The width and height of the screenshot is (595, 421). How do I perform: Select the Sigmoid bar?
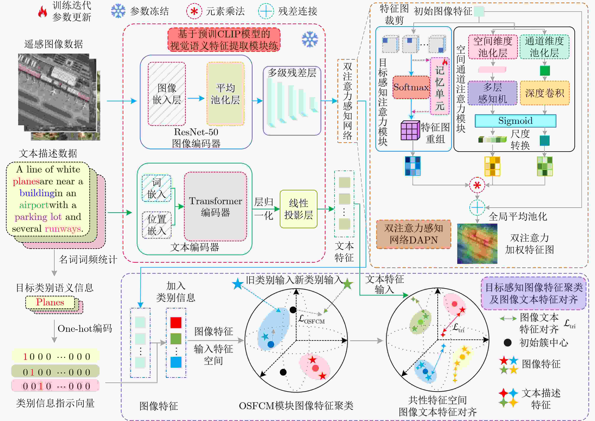click(x=515, y=121)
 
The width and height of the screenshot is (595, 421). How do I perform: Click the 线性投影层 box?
click(x=298, y=209)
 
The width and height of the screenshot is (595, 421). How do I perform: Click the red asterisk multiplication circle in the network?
click(x=477, y=185)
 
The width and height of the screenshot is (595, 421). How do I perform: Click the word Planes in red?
click(x=50, y=302)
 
